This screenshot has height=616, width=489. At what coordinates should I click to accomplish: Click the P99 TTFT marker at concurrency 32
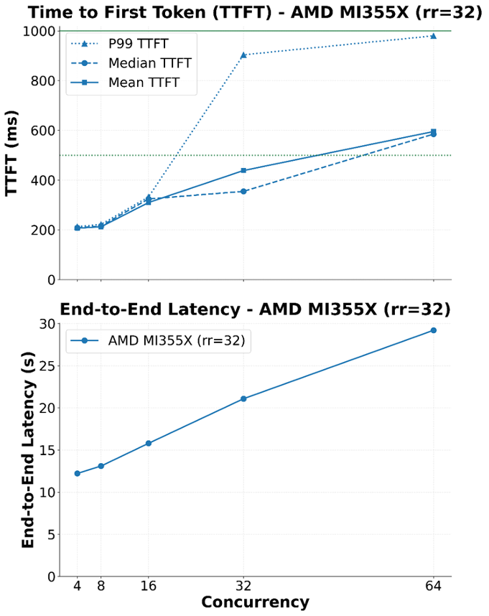243,55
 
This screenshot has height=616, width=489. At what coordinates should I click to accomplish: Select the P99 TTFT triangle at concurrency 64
433,36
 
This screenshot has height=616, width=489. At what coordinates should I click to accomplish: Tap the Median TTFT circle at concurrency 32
243,192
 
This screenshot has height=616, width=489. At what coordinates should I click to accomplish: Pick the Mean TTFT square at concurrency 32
243,170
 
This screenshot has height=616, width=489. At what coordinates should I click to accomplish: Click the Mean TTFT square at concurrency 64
433,131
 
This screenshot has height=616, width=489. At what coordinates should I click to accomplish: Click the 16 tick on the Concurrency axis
149,587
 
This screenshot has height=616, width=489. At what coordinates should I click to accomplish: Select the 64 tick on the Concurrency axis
433,587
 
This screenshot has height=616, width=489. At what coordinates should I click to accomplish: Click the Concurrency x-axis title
255,602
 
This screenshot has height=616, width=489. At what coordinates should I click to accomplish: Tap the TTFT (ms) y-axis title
12,154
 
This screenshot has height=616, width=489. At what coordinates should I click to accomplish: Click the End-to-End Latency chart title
255,309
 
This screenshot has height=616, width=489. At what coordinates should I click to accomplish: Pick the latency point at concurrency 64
433,330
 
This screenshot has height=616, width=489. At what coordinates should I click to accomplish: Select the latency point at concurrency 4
78,473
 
